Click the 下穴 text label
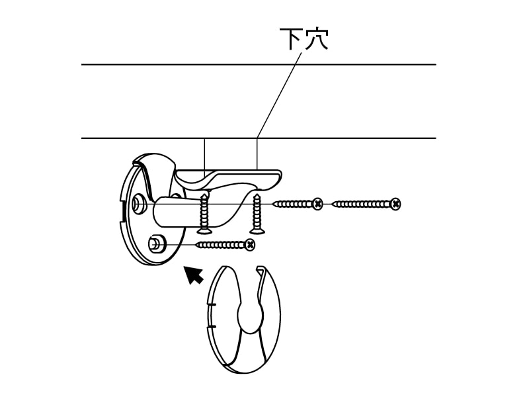304,39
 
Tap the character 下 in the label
291,39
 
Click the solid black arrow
193,274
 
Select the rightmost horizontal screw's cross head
395,204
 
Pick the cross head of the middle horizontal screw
317,204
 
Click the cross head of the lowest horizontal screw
249,245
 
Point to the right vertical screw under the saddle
257,213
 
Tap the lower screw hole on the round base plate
156,243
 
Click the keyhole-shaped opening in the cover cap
249,318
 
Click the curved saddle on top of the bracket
228,177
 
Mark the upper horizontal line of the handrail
258,65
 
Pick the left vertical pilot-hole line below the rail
205,155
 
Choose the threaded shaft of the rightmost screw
360,204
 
